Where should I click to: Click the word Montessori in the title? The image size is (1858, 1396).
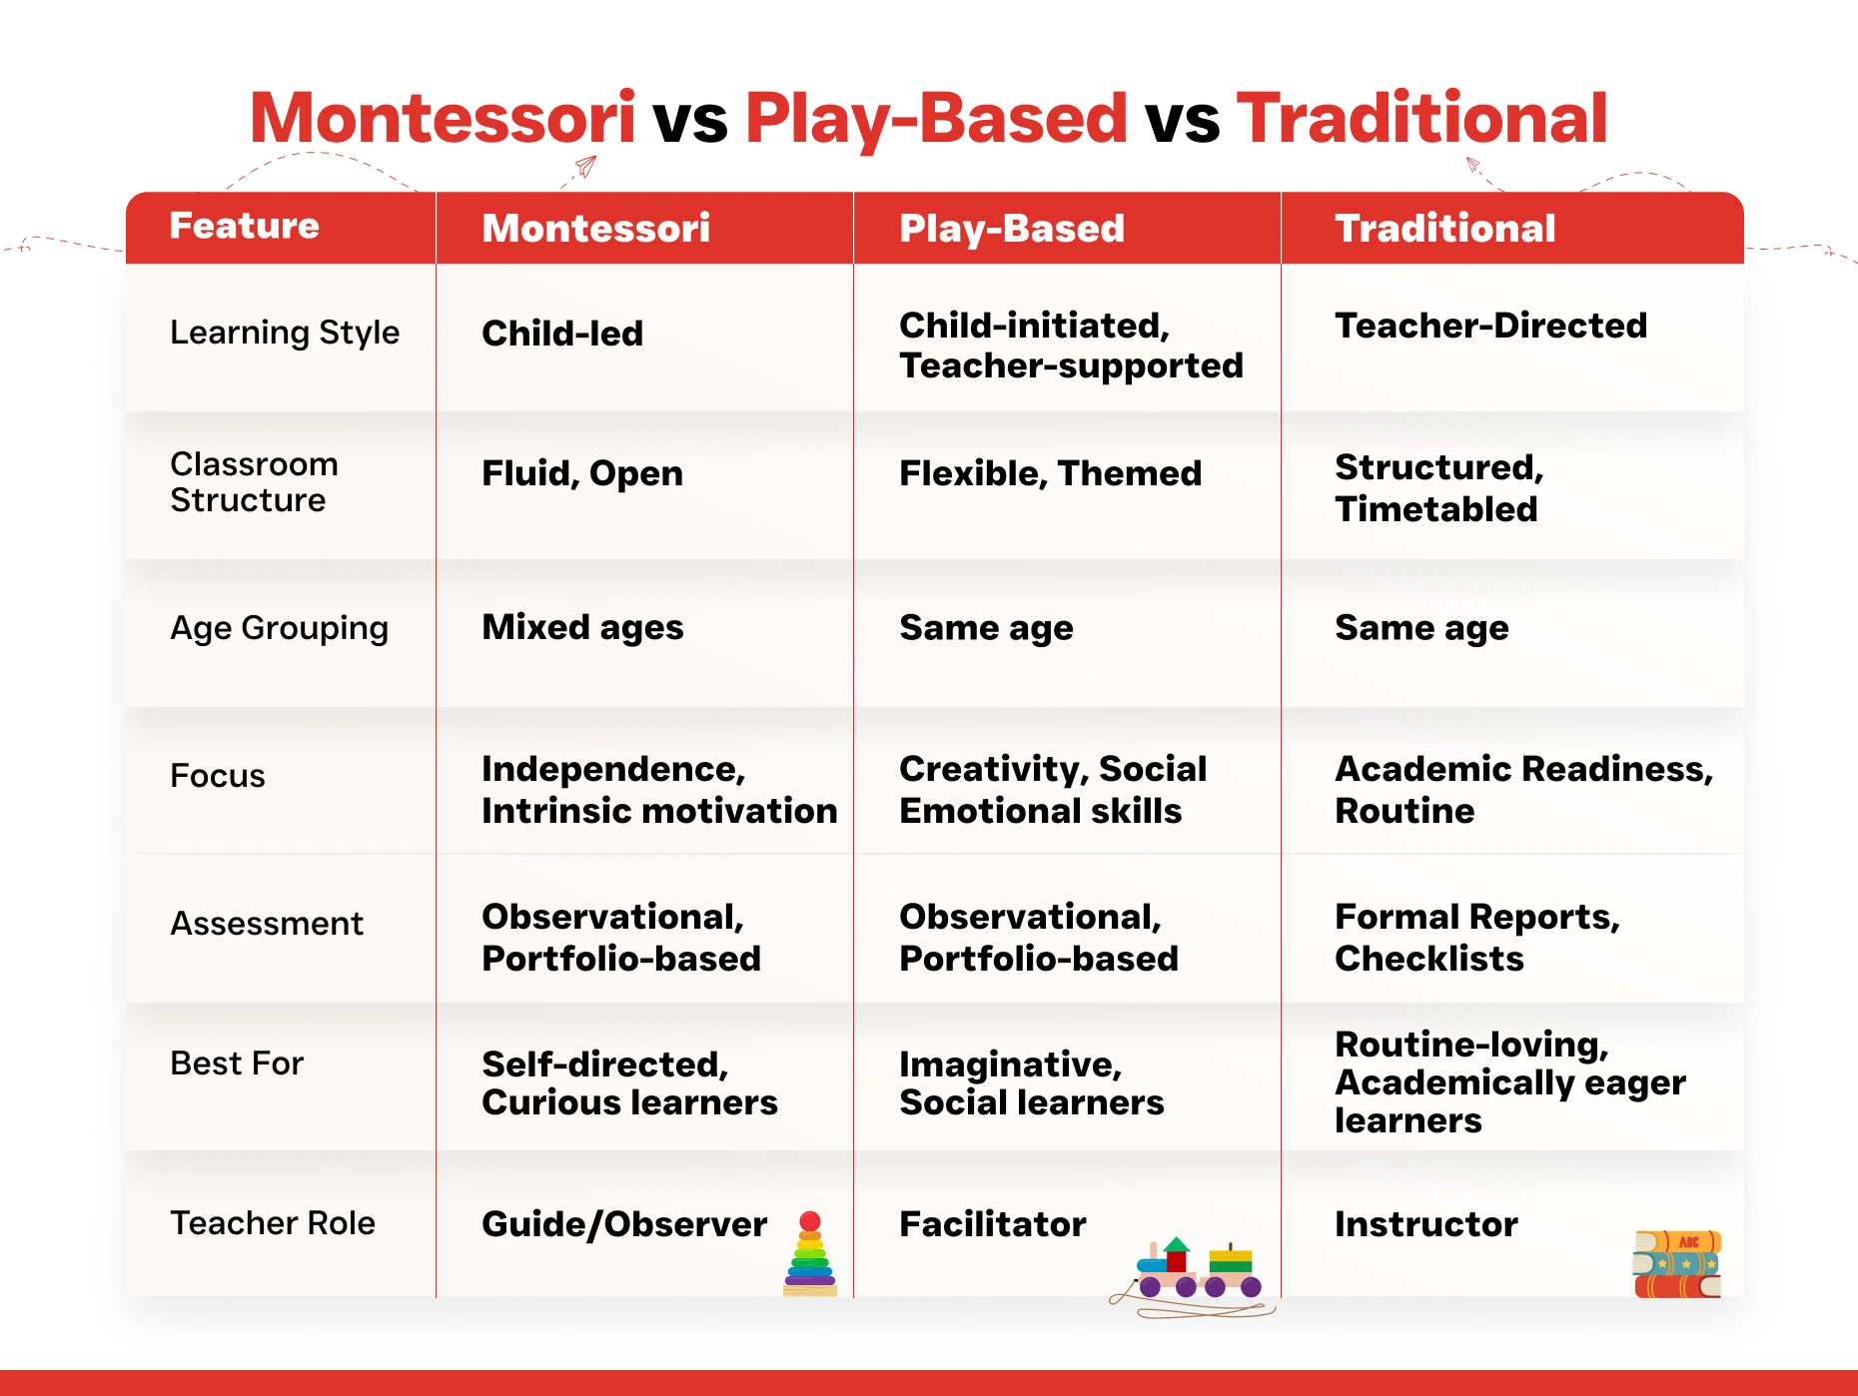(x=443, y=118)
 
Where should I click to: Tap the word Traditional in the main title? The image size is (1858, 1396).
(x=1421, y=118)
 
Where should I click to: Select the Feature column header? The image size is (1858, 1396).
(x=245, y=226)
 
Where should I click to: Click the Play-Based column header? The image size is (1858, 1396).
(x=1012, y=229)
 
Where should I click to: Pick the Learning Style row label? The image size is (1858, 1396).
(x=285, y=333)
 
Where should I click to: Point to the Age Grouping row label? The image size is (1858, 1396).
(x=280, y=628)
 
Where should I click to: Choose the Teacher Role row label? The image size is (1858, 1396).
(x=273, y=1223)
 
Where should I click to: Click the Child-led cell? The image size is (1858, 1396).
(x=562, y=334)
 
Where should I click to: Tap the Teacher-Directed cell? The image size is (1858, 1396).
(x=1491, y=326)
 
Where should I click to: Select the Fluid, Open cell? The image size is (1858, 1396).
(x=582, y=473)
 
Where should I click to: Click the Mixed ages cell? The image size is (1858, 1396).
(x=582, y=628)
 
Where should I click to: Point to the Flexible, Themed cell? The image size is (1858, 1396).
(x=1051, y=473)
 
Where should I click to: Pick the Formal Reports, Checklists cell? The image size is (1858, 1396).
(x=1477, y=938)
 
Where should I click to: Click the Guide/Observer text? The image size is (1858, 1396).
(x=624, y=1224)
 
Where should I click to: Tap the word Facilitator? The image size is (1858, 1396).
(x=993, y=1224)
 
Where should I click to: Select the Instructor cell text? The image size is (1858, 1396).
(x=1426, y=1224)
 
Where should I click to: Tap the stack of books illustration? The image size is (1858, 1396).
(x=1677, y=1264)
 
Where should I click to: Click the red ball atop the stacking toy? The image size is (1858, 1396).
(x=810, y=1221)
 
